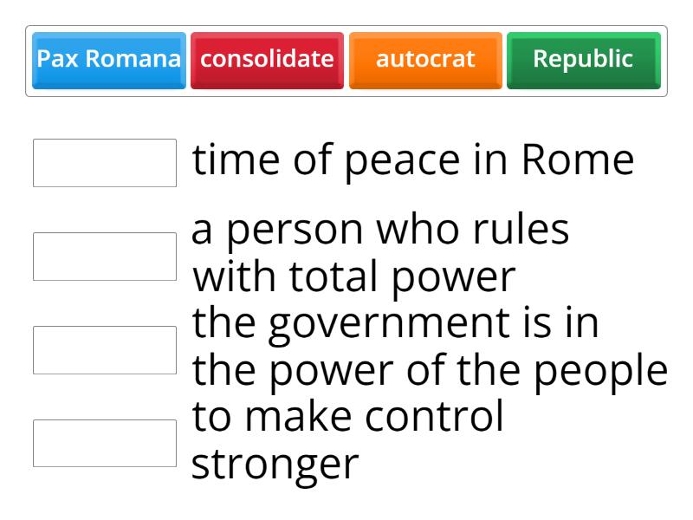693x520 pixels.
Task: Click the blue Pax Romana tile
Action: [x=108, y=60]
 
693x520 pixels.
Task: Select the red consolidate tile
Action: [x=267, y=60]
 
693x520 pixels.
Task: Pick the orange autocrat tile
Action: [x=425, y=60]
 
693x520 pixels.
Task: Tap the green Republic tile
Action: [x=583, y=60]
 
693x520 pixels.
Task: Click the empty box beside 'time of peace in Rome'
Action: [x=105, y=163]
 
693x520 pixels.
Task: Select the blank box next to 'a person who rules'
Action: [x=105, y=257]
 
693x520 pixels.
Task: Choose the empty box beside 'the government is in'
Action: [x=105, y=350]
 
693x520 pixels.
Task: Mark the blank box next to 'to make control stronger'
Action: [x=105, y=444]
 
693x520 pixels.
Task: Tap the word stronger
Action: [x=274, y=465]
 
